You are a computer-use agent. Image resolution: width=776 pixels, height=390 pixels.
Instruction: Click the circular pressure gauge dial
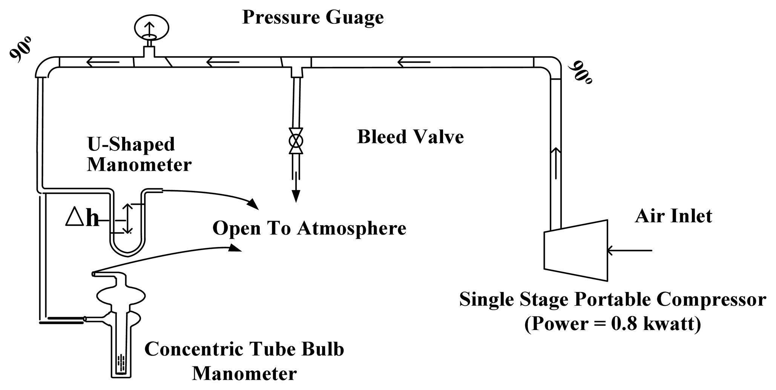coord(152,27)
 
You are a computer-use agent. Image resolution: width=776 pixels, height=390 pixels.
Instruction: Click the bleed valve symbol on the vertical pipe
coord(296,141)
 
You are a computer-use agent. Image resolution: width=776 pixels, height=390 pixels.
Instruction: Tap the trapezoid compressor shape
coord(576,250)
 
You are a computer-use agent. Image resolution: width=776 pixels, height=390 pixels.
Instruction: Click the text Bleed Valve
coord(410,137)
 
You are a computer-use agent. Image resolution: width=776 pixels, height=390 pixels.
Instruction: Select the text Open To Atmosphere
coord(309,228)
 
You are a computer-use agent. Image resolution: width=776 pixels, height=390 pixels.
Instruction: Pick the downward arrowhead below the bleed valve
coord(296,195)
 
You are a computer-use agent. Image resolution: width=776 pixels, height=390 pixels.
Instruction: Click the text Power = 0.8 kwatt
coord(612,324)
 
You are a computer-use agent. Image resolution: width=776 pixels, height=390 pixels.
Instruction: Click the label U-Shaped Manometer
coord(139,154)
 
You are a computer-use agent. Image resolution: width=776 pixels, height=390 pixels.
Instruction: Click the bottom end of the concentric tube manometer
coord(122,373)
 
